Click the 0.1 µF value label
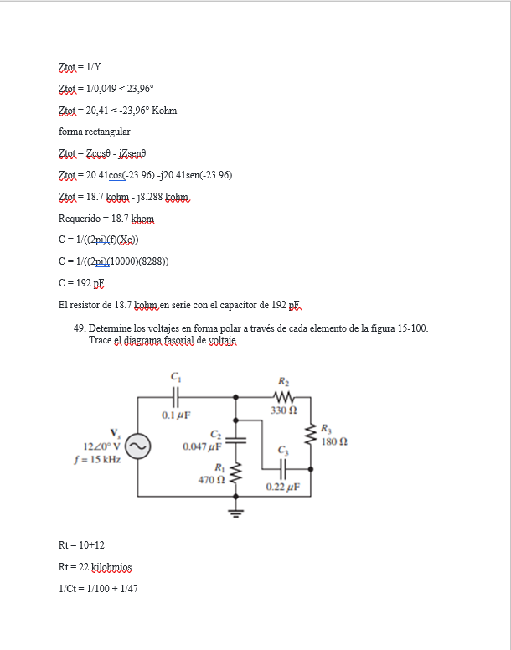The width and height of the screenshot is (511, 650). pyautogui.click(x=176, y=415)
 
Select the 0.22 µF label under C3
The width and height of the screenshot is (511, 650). pyautogui.click(x=281, y=486)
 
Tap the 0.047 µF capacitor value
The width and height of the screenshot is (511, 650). pyautogui.click(x=202, y=446)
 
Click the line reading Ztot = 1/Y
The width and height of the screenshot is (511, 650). pyautogui.click(x=80, y=67)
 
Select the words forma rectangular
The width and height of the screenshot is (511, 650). pyautogui.click(x=94, y=132)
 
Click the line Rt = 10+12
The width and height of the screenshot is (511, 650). pyautogui.click(x=81, y=545)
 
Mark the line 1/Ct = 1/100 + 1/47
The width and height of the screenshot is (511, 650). pyautogui.click(x=98, y=589)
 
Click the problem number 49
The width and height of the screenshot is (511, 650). pyautogui.click(x=80, y=328)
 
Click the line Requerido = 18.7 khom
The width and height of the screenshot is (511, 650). pyautogui.click(x=106, y=219)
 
